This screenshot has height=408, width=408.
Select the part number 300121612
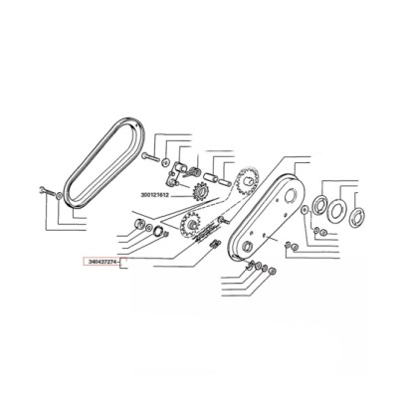pyautogui.click(x=155, y=195)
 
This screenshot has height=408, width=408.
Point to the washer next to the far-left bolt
pyautogui.click(x=59, y=195)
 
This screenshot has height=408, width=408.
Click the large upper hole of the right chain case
pyautogui.click(x=289, y=194)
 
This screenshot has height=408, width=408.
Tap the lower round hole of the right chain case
pyautogui.click(x=246, y=247)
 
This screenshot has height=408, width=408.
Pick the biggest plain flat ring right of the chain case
pyautogui.click(x=336, y=211)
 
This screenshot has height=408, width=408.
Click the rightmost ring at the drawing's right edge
pyautogui.click(x=357, y=217)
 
